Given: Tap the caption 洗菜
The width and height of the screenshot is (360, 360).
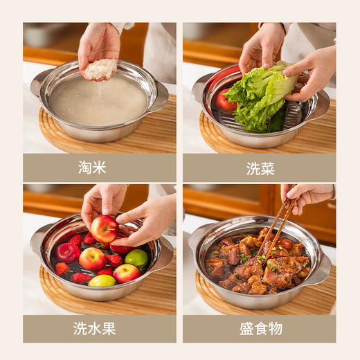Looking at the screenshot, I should pos(259,168).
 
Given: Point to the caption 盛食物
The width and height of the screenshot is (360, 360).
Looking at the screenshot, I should pos(259,328).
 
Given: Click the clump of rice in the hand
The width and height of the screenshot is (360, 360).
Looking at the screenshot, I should pos(101,69).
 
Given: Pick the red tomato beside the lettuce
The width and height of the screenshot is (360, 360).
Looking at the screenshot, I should pos(224,102).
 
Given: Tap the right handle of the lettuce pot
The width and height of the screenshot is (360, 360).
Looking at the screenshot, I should pos(320,105).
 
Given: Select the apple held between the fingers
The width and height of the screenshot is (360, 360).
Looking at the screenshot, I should pos(105,228).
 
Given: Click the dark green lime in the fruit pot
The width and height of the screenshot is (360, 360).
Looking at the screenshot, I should pos(136,259).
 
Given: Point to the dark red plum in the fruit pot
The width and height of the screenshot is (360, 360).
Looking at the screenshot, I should pos(68,252).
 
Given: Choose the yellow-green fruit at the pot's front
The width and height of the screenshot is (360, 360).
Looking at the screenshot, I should pos(102,281).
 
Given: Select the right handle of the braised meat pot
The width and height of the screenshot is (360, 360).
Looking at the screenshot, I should pos(320,269).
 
